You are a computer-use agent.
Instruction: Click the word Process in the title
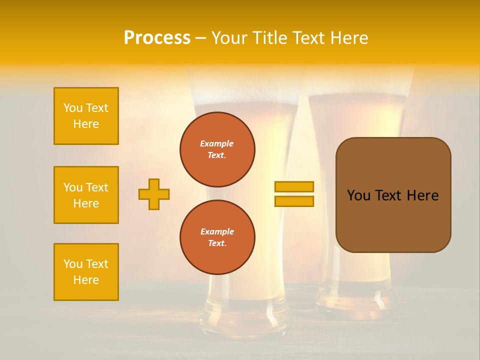click(x=157, y=38)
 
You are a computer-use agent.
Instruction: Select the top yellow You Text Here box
click(x=86, y=116)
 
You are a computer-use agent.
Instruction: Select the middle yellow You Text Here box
click(x=86, y=195)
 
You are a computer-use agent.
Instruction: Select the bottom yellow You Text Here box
click(x=86, y=272)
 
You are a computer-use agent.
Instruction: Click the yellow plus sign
click(x=154, y=194)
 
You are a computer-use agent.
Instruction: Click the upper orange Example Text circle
click(x=217, y=149)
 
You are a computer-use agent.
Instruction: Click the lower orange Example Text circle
click(x=217, y=237)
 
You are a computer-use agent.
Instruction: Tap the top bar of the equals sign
click(x=294, y=186)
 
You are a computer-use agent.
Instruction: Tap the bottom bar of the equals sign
click(x=294, y=201)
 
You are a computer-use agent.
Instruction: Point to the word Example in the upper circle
click(x=217, y=143)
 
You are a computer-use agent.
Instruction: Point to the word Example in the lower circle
click(x=217, y=231)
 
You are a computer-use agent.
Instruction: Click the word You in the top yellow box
click(x=73, y=108)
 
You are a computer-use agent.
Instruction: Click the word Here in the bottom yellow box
click(x=86, y=280)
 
